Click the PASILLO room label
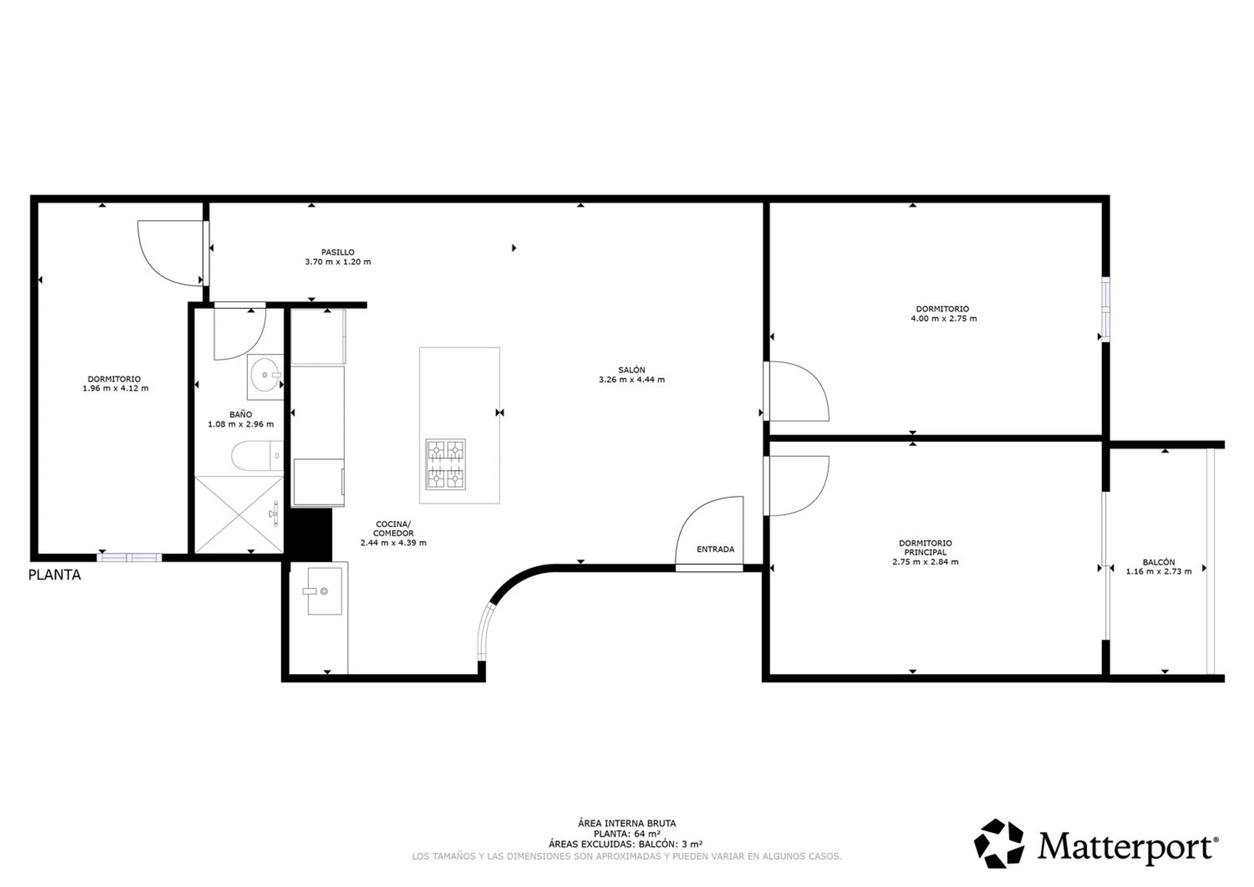click(x=338, y=252)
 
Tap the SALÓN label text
click(x=631, y=370)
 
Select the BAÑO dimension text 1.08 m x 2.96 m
click(x=241, y=424)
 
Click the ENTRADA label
click(x=715, y=549)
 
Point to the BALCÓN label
click(x=1158, y=562)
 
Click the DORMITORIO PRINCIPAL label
click(x=925, y=548)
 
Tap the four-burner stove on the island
click(x=445, y=464)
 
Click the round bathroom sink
click(x=266, y=375)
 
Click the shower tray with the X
click(x=239, y=515)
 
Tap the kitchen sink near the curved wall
click(x=325, y=591)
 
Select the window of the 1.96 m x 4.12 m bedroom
click(x=129, y=557)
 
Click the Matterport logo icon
click(x=999, y=843)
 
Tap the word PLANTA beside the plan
click(x=54, y=575)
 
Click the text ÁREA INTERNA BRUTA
click(x=627, y=823)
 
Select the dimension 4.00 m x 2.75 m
click(x=944, y=319)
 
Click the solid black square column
click(x=308, y=535)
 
